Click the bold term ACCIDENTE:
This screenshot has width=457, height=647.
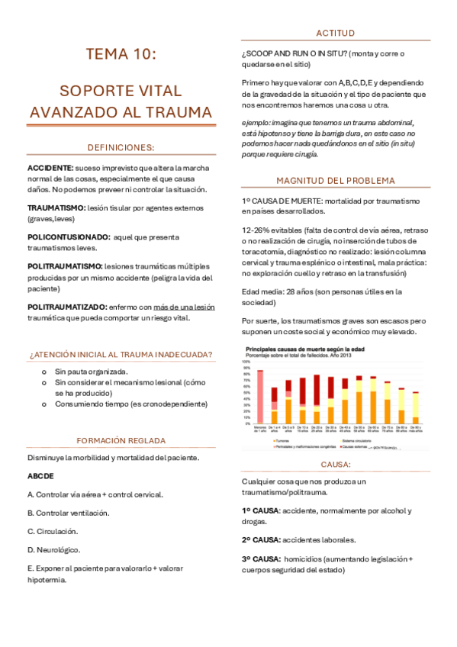(x=50, y=167)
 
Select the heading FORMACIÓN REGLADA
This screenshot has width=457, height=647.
(x=121, y=441)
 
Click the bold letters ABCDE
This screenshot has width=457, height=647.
(x=40, y=476)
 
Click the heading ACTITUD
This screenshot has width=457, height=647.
(x=336, y=32)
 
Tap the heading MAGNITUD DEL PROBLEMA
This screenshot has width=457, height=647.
(x=336, y=181)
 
